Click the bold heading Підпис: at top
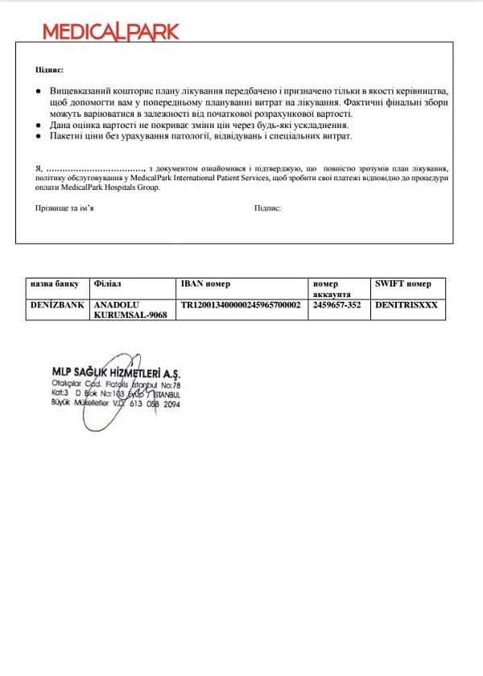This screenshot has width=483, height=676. tap(49, 71)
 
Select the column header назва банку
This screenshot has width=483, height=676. tap(54, 284)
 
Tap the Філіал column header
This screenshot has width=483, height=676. tap(108, 284)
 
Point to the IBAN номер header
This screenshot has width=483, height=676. tap(206, 284)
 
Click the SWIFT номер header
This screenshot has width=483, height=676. tap(402, 284)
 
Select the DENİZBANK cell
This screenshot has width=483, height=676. tap(56, 306)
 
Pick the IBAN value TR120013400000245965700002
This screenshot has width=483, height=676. tap(241, 306)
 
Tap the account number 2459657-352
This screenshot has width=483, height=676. tap(336, 306)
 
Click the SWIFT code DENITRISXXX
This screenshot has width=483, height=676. tap(407, 306)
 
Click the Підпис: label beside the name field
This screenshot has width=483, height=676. tap(267, 208)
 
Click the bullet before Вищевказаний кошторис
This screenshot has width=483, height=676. tap(39, 93)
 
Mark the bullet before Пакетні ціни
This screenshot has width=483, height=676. tap(39, 136)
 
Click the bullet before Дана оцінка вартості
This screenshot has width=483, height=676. tap(39, 126)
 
